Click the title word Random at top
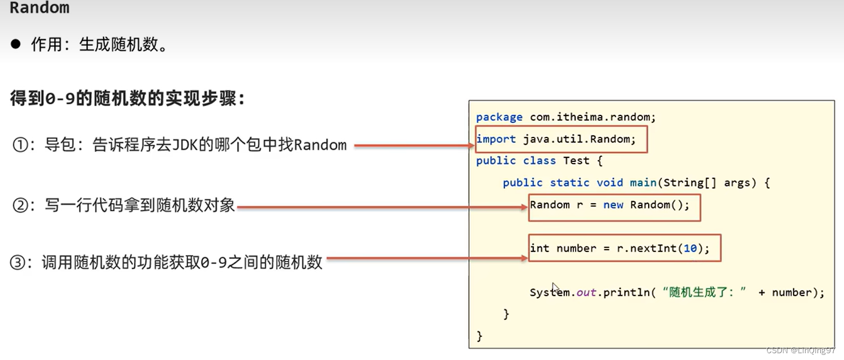coord(40,8)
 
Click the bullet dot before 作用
coord(15,44)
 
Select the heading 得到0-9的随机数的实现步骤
coord(128,98)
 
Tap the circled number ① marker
coord(20,145)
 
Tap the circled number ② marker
coord(20,205)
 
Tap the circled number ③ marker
coord(18,262)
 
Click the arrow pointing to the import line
coord(414,146)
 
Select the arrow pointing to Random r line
coord(382,208)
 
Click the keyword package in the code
coord(499,117)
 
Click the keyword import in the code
coord(496,139)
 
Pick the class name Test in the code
coord(576,161)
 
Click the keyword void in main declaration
coord(610,183)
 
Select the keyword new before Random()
coord(613,205)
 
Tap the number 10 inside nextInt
coord(690,248)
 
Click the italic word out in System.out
coord(586,293)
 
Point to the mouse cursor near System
coord(555,287)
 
